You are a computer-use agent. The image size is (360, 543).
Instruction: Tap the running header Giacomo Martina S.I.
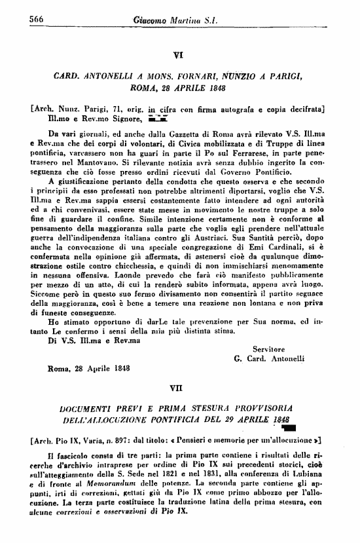pyautogui.click(x=181, y=20)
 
